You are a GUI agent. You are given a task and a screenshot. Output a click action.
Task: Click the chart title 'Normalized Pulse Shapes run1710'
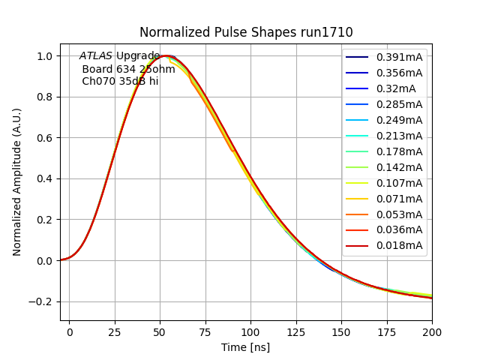(x=246, y=32)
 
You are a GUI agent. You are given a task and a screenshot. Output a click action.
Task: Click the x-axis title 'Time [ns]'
(x=245, y=347)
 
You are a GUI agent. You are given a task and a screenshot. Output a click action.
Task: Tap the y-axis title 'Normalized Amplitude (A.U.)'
(x=17, y=181)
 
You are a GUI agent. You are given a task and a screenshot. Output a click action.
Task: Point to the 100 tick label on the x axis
(x=250, y=331)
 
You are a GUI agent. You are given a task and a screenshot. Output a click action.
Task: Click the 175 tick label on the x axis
(x=387, y=331)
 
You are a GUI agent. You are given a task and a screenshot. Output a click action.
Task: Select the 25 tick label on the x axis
(x=115, y=331)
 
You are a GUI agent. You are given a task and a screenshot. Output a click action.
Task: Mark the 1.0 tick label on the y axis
(x=45, y=56)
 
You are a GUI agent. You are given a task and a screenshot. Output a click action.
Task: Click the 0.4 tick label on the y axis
(x=45, y=179)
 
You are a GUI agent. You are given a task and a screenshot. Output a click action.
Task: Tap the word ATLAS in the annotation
(x=96, y=56)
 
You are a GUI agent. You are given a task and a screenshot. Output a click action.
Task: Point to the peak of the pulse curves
(x=166, y=56)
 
